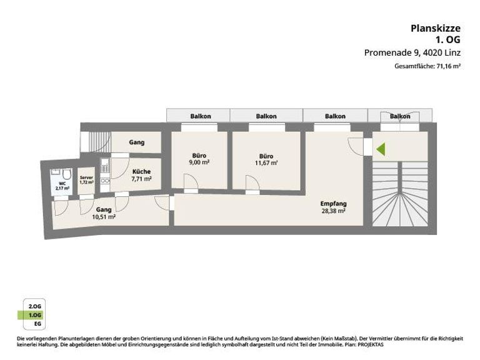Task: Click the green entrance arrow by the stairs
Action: (x=381, y=149)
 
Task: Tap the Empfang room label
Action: (x=333, y=204)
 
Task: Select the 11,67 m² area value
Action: (x=267, y=163)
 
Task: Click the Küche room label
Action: (x=141, y=171)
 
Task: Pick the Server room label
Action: (x=86, y=178)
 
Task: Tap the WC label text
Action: (x=62, y=184)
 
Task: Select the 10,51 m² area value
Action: (x=104, y=217)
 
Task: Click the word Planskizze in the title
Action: (x=435, y=27)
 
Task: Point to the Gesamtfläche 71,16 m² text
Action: (x=427, y=66)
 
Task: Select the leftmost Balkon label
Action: (x=201, y=116)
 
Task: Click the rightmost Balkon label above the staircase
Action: (x=400, y=116)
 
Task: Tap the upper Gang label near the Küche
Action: (x=136, y=142)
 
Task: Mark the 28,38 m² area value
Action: (x=333, y=211)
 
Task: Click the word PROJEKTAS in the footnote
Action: (x=369, y=345)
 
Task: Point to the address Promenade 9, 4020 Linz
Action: (x=412, y=52)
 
